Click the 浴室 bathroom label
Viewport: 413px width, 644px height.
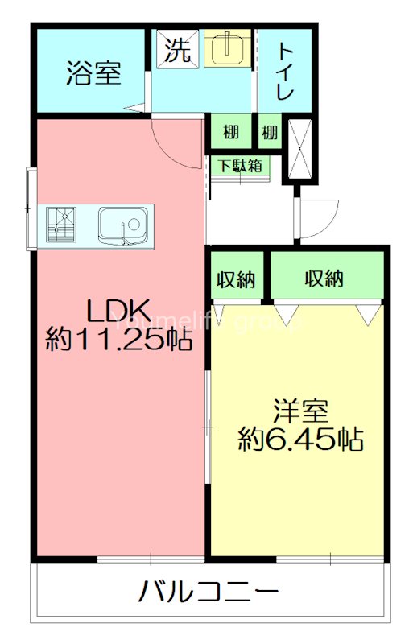[93, 73]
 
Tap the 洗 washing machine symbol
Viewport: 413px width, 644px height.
[178, 50]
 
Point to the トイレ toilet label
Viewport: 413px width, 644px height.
[286, 72]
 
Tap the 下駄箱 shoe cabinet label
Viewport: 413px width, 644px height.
[241, 166]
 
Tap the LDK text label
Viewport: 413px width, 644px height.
[118, 310]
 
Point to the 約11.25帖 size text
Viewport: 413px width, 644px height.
[118, 340]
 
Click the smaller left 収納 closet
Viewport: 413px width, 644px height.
[236, 279]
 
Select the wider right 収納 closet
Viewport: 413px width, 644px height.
[324, 279]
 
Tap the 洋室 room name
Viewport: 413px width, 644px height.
[299, 411]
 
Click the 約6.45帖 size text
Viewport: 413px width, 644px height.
[299, 440]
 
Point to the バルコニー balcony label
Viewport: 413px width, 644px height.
[209, 593]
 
